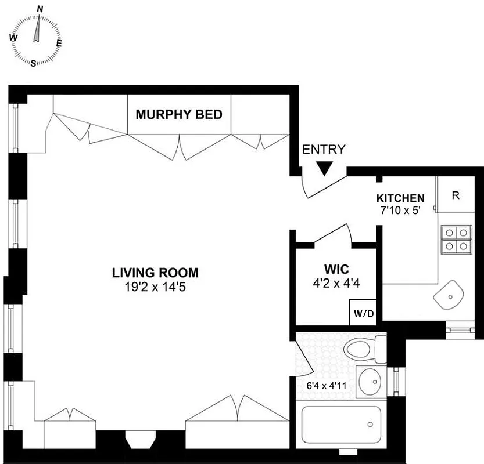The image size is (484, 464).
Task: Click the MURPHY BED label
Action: click(178, 114)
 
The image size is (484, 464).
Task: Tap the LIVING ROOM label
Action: click(155, 272)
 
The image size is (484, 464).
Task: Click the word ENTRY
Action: click(324, 149)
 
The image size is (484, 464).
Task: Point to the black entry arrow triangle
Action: click(324, 169)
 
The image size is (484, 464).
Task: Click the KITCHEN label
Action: click(400, 198)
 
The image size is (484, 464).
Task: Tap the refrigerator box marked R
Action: click(456, 195)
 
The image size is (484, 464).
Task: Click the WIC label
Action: click(336, 270)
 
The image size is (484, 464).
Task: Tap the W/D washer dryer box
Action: click(364, 314)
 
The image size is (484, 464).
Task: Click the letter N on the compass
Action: click(40, 9)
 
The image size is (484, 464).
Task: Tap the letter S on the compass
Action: click(33, 63)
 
